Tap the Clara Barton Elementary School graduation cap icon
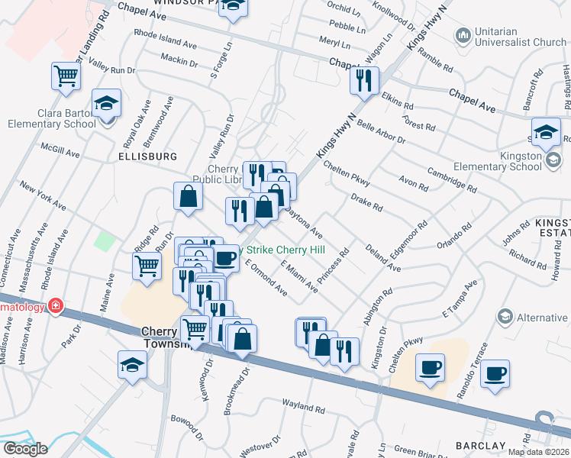106,102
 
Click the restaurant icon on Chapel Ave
364,79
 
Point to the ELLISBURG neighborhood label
147,156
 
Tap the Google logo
25,449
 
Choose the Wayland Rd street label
282,410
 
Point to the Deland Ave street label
382,257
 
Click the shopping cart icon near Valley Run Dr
66,76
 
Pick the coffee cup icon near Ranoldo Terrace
495,374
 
